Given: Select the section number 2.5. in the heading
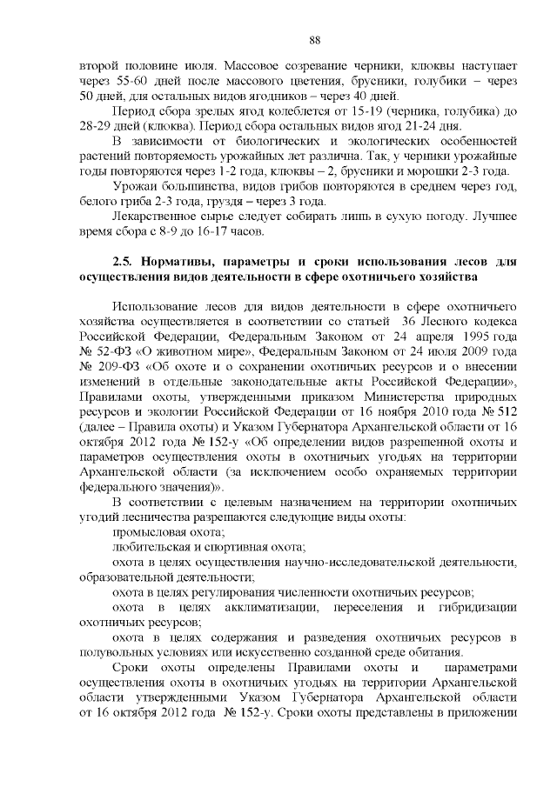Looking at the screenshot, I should [x=127, y=262].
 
